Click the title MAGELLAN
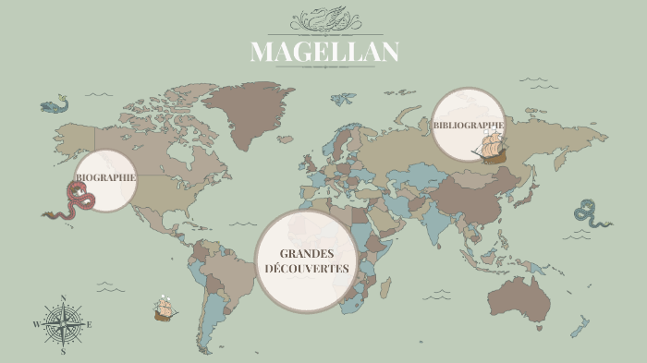pyautogui.click(x=324, y=52)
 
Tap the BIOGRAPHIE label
pyautogui.click(x=105, y=176)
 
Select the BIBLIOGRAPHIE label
pyautogui.click(x=468, y=125)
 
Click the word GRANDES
pyautogui.click(x=305, y=253)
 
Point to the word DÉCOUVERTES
pyautogui.click(x=306, y=269)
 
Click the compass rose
pyautogui.click(x=63, y=324)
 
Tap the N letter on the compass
pyautogui.click(x=63, y=298)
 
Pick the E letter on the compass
pyautogui.click(x=89, y=325)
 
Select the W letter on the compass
pyautogui.click(x=37, y=325)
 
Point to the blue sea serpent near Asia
pyautogui.click(x=590, y=213)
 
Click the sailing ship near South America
pyautogui.click(x=165, y=308)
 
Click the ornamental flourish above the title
pyautogui.click(x=324, y=19)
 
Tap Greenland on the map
pyautogui.click(x=242, y=111)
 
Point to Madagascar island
pyautogui.click(x=392, y=290)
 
